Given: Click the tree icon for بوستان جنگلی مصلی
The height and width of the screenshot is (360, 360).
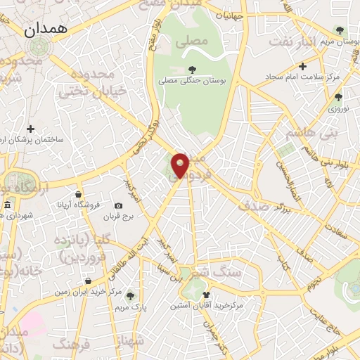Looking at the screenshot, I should click(x=191, y=69).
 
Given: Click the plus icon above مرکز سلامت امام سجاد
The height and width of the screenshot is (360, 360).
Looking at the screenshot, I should click(x=302, y=66).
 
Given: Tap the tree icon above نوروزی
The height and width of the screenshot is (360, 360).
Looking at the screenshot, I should click(x=338, y=97).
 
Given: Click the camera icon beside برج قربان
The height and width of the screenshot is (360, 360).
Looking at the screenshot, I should click(x=118, y=205).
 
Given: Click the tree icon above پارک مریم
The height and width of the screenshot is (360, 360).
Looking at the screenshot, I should click(x=130, y=296).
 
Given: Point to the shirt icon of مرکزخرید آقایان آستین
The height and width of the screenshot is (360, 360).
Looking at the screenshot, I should click(x=206, y=295).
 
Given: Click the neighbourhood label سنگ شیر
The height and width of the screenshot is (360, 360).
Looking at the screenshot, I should click(x=216, y=271).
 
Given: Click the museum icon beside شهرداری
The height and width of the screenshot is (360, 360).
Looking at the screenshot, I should click(x=7, y=205).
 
